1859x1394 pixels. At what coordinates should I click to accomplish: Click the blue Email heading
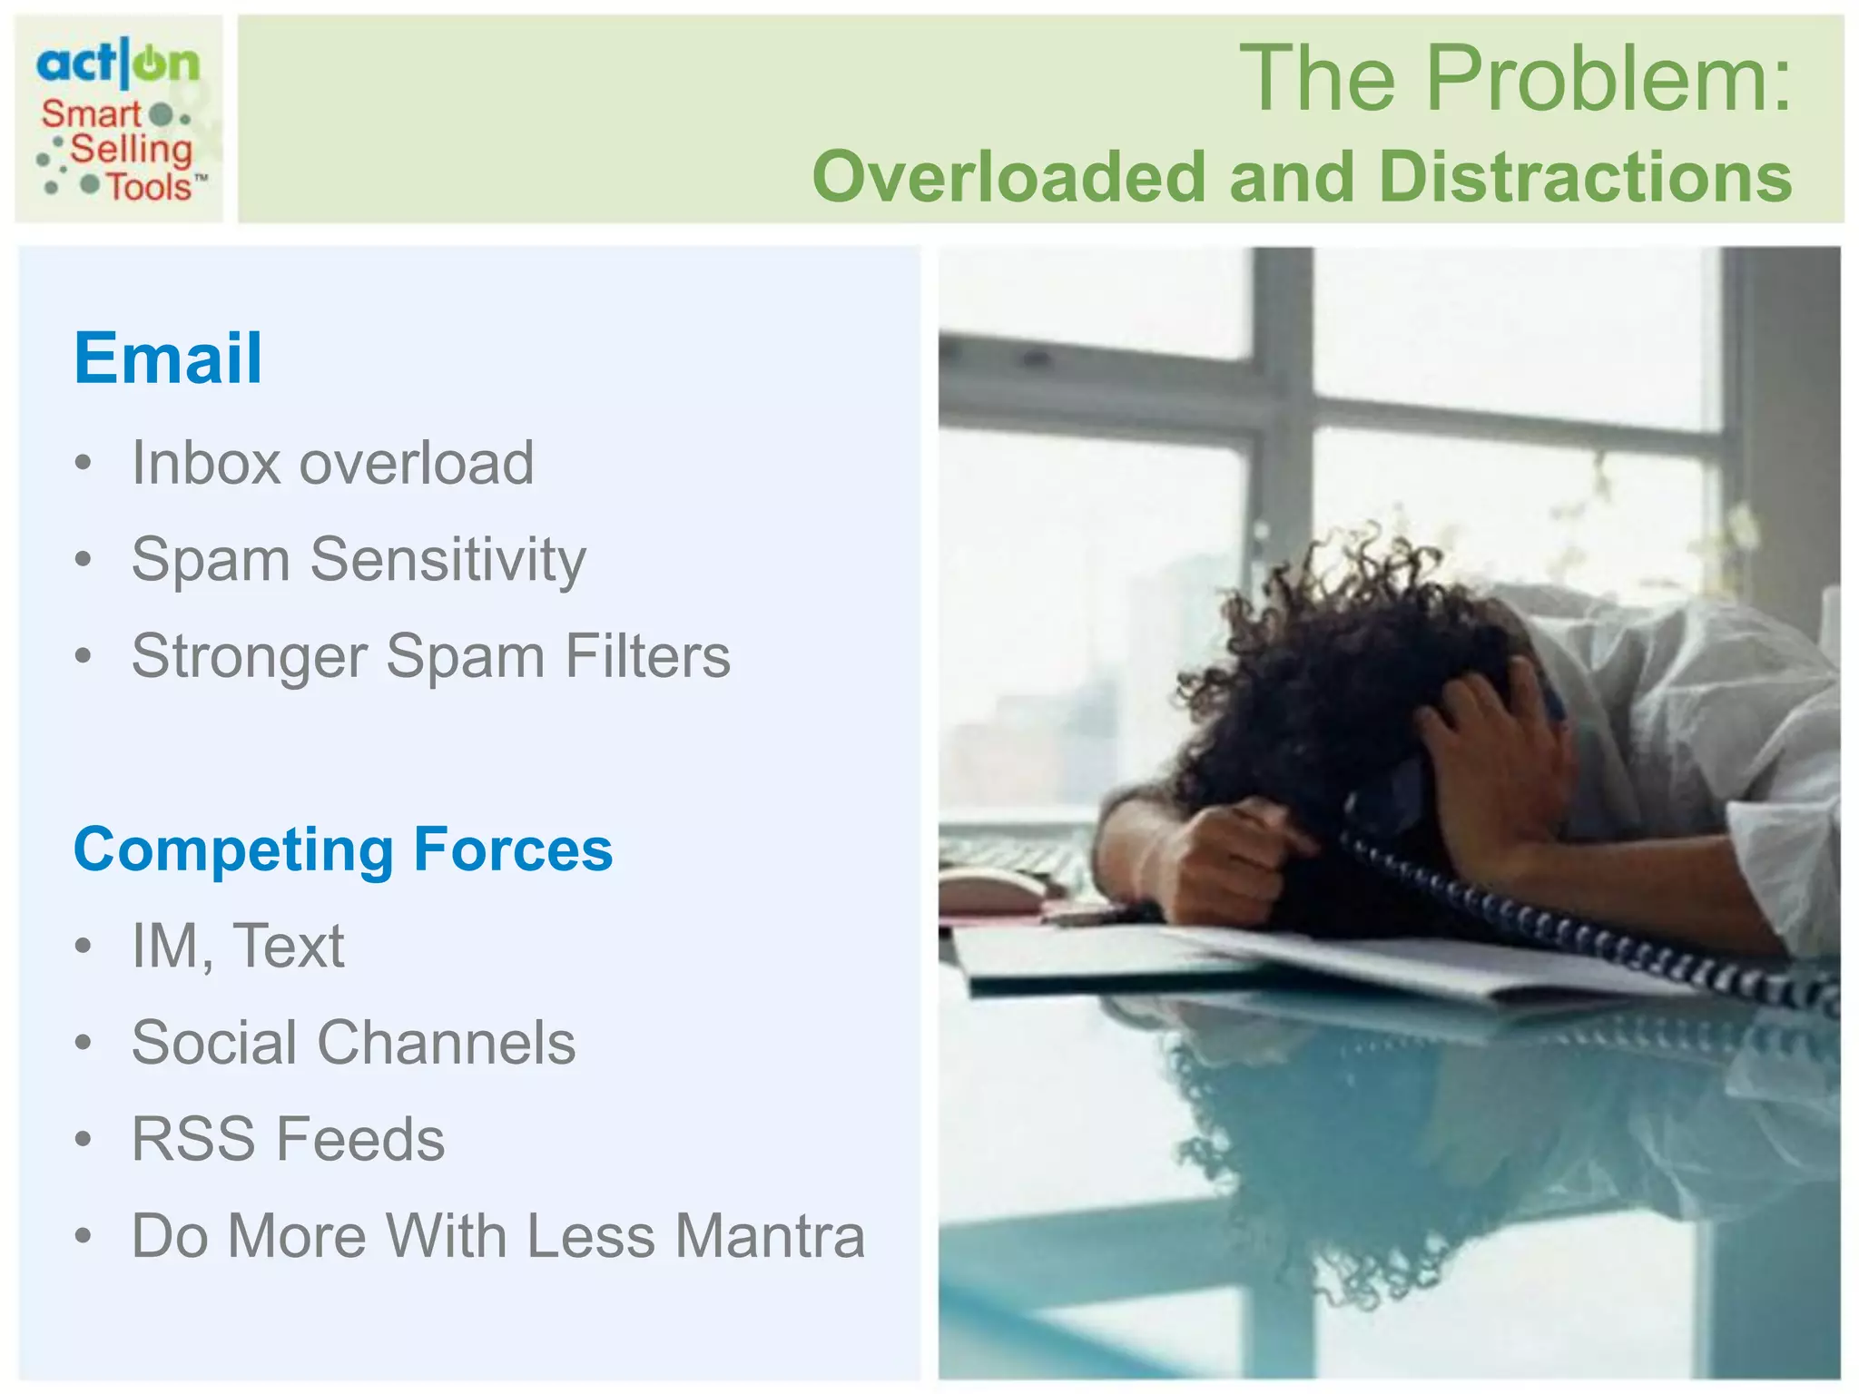pyautogui.click(x=168, y=358)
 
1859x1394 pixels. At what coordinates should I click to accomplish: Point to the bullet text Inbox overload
pyautogui.click(x=332, y=463)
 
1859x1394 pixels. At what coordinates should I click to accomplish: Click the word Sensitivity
pyautogui.click(x=448, y=560)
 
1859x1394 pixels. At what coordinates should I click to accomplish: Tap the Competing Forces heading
pyautogui.click(x=343, y=849)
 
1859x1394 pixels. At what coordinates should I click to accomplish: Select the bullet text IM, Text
pyautogui.click(x=238, y=946)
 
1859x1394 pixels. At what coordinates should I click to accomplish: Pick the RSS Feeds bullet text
pyautogui.click(x=289, y=1139)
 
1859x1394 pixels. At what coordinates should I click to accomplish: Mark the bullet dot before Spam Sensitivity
pyautogui.click(x=84, y=560)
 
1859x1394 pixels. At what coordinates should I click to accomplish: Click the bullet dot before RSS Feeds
pyautogui.click(x=84, y=1139)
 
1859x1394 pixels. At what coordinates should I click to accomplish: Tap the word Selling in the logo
pyautogui.click(x=132, y=150)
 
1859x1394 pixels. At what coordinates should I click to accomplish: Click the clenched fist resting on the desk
pyautogui.click(x=1216, y=862)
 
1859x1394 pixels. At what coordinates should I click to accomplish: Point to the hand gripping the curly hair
pyautogui.click(x=1489, y=753)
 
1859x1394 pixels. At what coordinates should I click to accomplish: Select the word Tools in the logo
pyautogui.click(x=150, y=187)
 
